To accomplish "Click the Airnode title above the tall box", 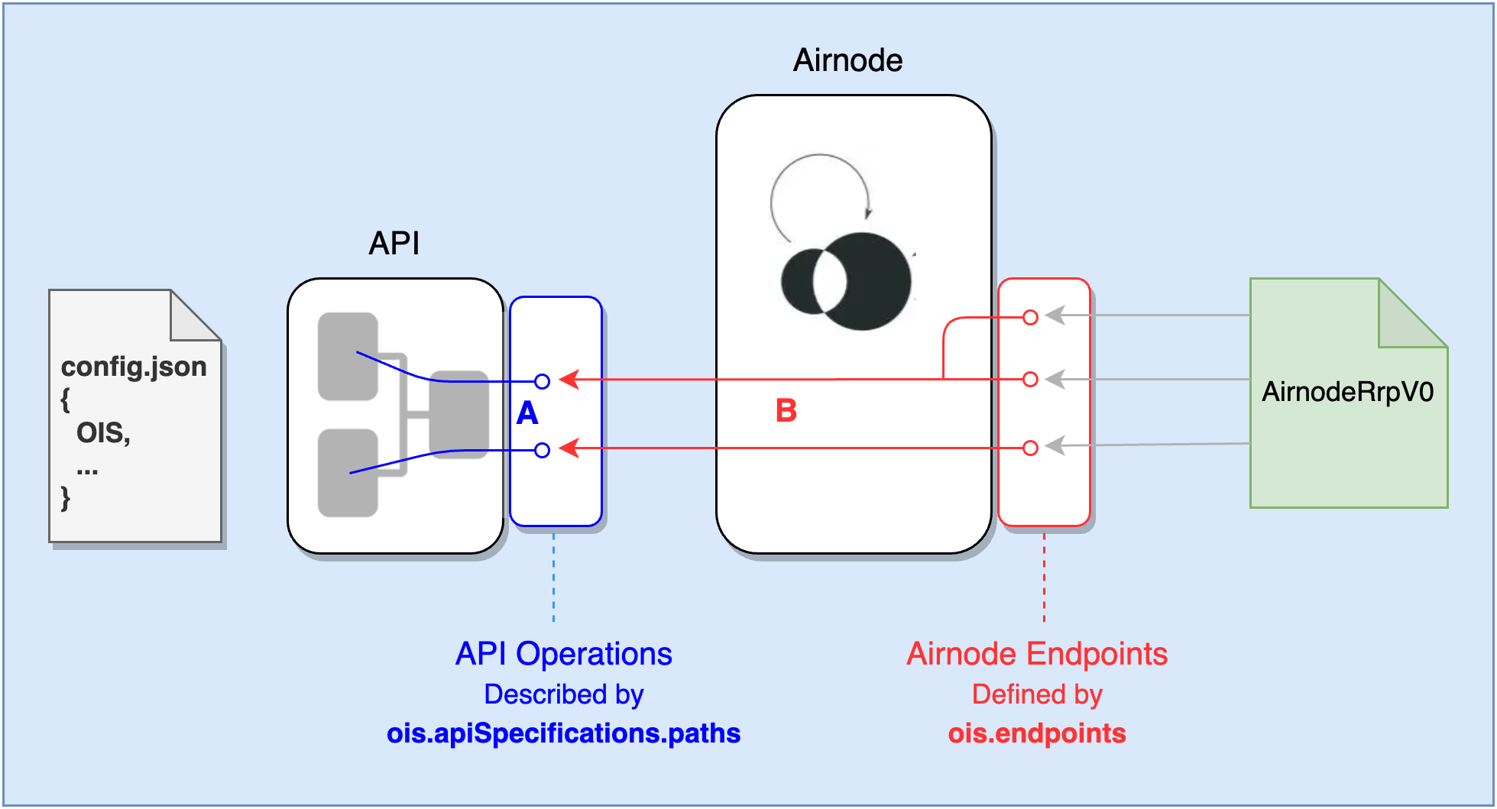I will (847, 60).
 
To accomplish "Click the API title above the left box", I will (394, 244).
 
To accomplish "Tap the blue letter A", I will (527, 413).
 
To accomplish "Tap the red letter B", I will (786, 411).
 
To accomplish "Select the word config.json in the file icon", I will (134, 367).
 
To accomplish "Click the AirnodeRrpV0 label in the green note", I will (1347, 392).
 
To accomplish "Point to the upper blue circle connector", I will (542, 381).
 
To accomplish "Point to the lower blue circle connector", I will (542, 450).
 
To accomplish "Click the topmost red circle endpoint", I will (1030, 317).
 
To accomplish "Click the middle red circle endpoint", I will (1030, 380).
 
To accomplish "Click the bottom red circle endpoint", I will (1030, 448).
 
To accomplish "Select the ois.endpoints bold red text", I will (1037, 733).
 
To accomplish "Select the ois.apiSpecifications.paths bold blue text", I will (563, 733).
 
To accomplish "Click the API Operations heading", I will (563, 654).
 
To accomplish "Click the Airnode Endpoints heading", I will (1037, 654).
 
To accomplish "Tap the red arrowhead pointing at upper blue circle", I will (569, 379).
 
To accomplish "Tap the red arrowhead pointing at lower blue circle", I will (569, 448).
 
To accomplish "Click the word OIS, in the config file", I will (103, 433).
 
